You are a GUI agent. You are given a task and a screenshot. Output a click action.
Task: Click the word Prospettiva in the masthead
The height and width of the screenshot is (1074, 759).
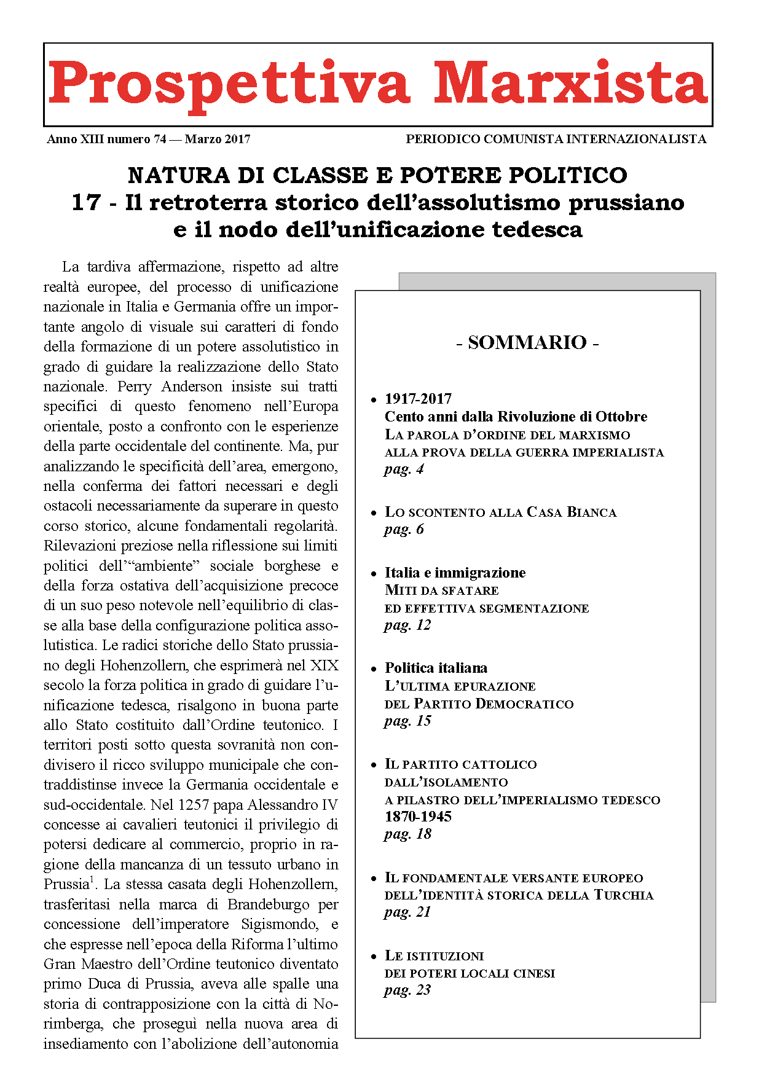point(229,85)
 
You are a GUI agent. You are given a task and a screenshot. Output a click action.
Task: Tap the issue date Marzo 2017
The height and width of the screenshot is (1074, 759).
point(218,139)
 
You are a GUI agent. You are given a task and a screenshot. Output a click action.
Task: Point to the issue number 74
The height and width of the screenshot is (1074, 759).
point(160,139)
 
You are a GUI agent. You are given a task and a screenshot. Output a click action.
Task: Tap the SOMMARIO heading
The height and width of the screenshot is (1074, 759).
point(527,342)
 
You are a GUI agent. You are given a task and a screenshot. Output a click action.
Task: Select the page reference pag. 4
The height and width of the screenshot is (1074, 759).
point(404,469)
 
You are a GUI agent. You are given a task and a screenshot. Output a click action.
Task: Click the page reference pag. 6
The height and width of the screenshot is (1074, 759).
point(404,530)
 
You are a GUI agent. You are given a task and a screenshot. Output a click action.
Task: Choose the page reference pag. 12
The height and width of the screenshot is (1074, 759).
point(407,625)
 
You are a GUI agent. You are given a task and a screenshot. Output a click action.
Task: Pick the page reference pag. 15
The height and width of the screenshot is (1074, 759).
point(407,721)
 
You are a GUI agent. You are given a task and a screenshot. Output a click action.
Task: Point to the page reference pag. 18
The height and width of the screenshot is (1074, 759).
point(407,834)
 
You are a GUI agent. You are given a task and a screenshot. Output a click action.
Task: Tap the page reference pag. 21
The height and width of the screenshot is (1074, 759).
point(407,912)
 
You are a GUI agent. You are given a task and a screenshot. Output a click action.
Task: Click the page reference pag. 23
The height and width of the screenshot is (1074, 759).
point(407,990)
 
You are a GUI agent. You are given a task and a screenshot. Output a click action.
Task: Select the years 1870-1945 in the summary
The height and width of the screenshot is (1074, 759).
point(418,817)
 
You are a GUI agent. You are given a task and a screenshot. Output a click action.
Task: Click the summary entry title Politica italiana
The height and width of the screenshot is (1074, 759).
point(436,668)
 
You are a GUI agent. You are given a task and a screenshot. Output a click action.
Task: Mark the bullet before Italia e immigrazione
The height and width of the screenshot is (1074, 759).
point(374,574)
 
